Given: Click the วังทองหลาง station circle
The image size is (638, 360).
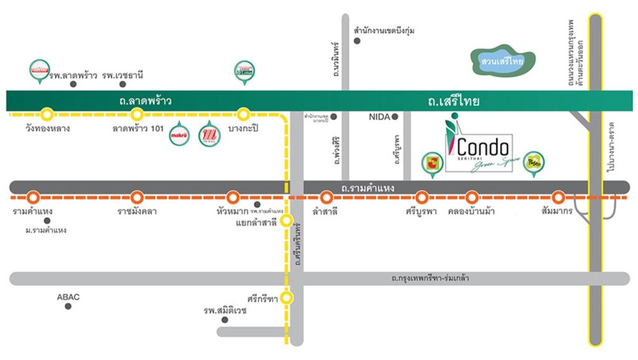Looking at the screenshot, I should (x=47, y=114).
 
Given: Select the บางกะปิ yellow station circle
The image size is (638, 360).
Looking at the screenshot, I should (x=244, y=114).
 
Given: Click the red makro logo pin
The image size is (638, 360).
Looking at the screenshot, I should (x=179, y=135).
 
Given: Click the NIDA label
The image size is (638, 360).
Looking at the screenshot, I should (x=379, y=116).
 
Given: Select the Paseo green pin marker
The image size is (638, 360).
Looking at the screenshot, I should (x=533, y=163).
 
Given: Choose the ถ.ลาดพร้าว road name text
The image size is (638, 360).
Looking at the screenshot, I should (x=147, y=100).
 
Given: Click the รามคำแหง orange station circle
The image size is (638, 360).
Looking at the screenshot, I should (x=34, y=197).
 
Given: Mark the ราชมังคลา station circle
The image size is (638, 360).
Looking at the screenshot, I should (x=137, y=197).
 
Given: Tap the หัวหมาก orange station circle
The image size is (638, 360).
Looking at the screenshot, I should (x=233, y=197).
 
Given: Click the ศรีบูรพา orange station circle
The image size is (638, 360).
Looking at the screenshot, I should (x=422, y=197).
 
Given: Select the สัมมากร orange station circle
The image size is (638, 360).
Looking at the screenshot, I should (x=559, y=197).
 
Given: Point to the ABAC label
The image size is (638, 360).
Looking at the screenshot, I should (x=68, y=297).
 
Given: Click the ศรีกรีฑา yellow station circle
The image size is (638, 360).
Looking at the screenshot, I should (x=286, y=298).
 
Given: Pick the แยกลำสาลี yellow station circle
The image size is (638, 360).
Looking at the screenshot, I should (x=286, y=220).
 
